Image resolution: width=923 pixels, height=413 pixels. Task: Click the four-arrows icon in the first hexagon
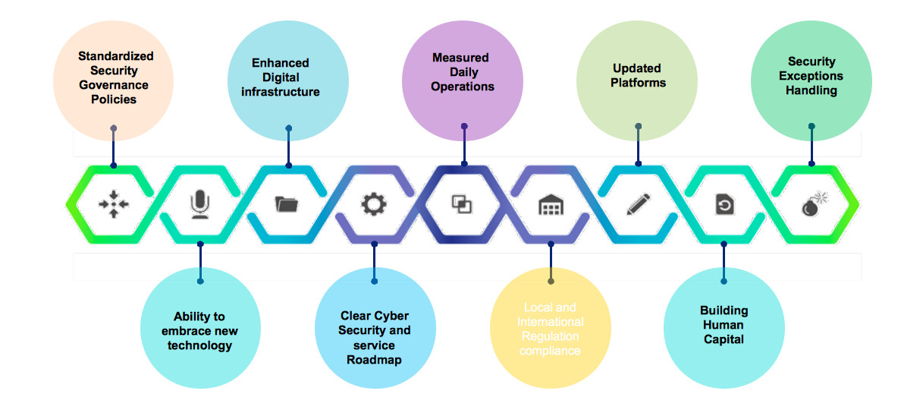coord(112,204)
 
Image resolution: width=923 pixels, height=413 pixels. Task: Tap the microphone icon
coord(199,204)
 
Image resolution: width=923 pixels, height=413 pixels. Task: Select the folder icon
coord(287,204)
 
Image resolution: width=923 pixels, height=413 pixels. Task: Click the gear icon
coord(373,204)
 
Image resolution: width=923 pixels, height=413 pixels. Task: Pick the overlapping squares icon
coord(462,204)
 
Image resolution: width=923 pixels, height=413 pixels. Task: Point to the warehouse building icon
coord(551,205)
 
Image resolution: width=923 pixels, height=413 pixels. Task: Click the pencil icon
coord(638,204)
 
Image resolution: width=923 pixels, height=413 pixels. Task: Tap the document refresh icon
coord(724,205)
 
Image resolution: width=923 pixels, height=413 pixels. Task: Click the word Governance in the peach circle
coord(114,85)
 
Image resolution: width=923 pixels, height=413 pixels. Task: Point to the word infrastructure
coord(281,92)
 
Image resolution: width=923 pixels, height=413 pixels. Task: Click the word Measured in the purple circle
coord(460,58)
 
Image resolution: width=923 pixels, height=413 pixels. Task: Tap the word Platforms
coord(638,83)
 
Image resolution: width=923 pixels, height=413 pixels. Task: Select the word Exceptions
coord(811,76)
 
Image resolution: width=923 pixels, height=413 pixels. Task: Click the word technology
coord(200,345)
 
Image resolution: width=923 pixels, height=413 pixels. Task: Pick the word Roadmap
coord(374,360)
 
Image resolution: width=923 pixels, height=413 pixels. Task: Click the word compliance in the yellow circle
coord(550,351)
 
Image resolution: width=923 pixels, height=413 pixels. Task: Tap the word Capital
coord(724,339)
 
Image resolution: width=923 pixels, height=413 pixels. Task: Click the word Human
coord(724,325)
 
